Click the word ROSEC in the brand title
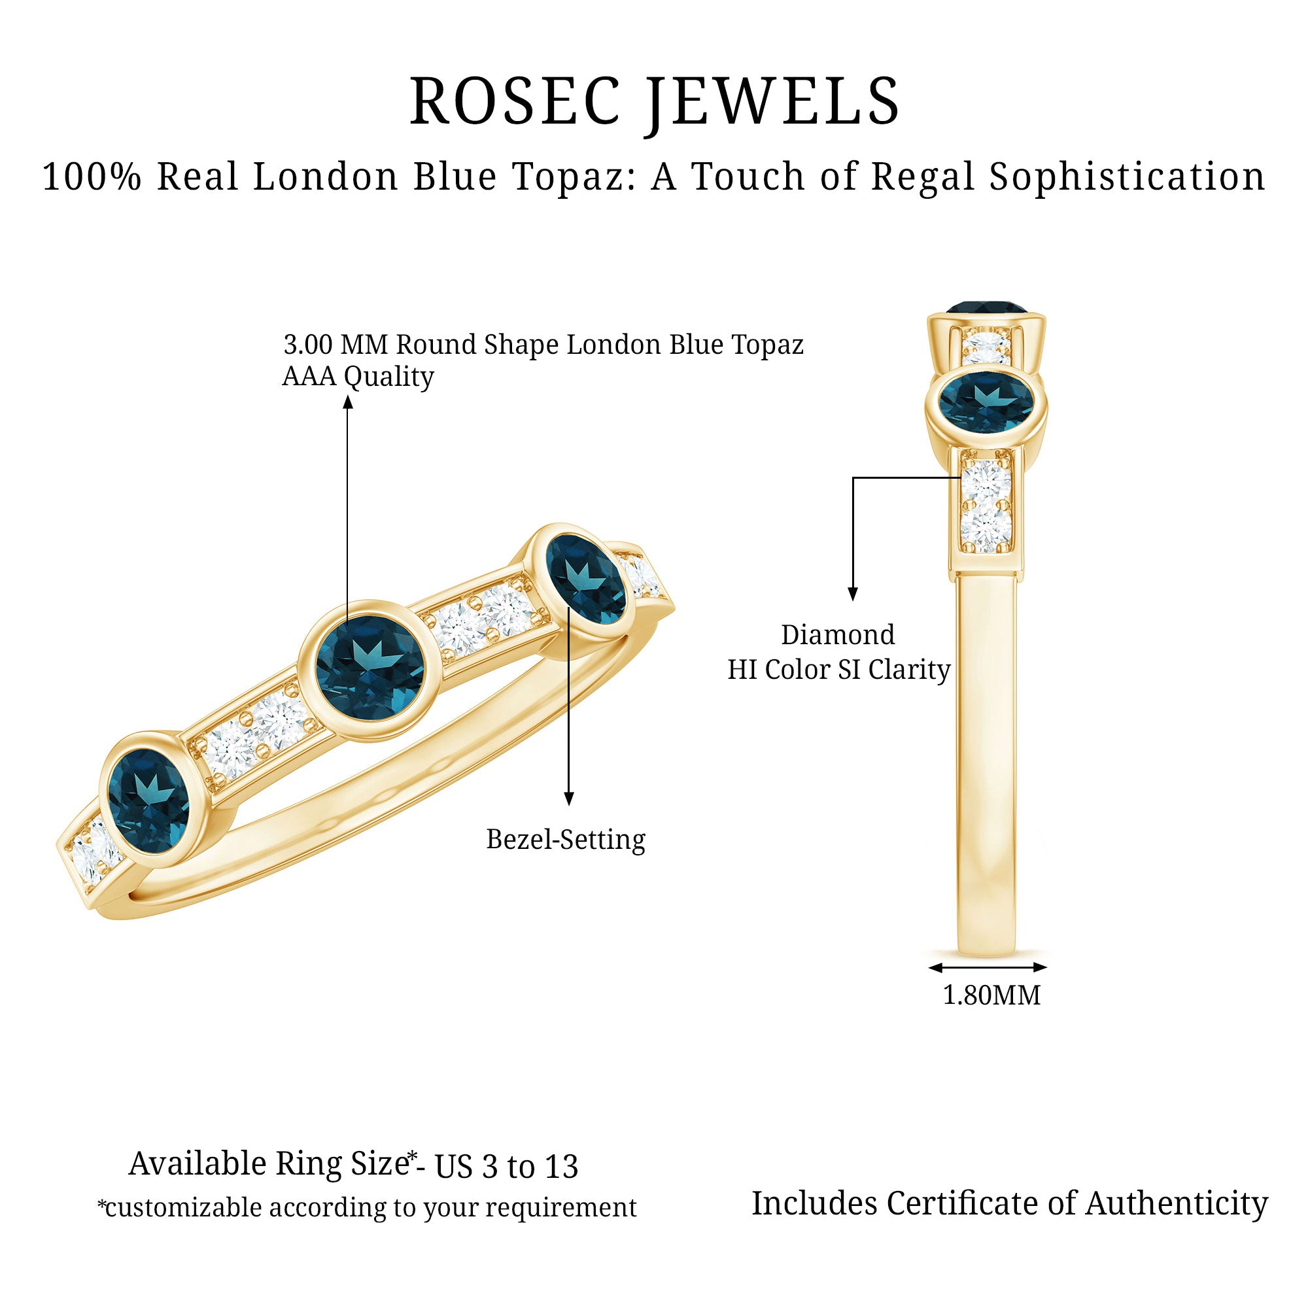515,101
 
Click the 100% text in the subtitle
92,177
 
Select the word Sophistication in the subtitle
1127,177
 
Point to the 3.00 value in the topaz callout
308,345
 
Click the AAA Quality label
358,377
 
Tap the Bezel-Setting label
566,840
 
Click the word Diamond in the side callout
838,635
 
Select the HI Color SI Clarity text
839,670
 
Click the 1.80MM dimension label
992,995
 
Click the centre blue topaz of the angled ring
370,670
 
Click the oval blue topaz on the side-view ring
986,403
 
